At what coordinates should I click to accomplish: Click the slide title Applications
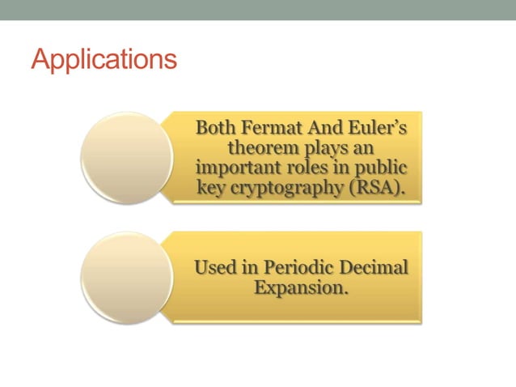(x=104, y=61)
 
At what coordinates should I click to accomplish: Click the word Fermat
(x=260, y=130)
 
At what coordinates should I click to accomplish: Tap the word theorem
(x=258, y=149)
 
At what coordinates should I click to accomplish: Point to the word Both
(x=214, y=130)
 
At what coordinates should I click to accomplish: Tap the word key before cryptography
(x=210, y=188)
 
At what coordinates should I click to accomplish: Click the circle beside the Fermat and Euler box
(x=127, y=157)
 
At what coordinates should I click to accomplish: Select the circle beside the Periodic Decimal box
(x=127, y=278)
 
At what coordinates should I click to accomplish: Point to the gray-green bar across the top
(x=258, y=10)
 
